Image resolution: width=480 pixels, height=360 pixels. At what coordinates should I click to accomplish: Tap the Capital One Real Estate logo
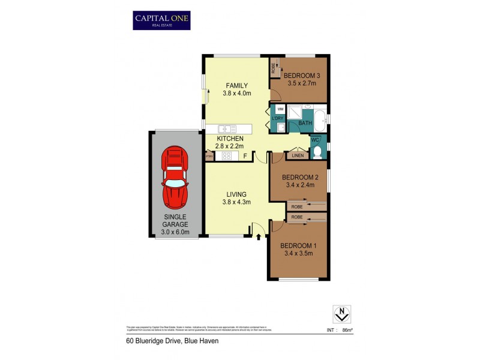point(161,20)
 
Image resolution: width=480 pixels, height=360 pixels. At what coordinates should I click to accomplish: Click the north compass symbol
point(341,313)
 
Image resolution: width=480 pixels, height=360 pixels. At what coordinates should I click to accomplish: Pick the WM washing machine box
point(280,109)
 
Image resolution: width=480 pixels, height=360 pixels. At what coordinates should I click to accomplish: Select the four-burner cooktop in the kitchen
point(227,156)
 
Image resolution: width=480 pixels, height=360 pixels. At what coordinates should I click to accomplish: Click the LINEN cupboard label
point(298,156)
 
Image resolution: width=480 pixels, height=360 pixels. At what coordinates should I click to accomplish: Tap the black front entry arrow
point(258,237)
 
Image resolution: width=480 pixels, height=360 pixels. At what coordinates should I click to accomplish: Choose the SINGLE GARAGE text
point(175,220)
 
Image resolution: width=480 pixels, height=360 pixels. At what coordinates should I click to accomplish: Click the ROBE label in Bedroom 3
point(273,67)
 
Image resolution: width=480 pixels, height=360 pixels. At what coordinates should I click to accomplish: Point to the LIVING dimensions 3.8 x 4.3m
point(238,202)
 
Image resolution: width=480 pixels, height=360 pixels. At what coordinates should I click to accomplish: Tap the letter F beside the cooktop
point(245,157)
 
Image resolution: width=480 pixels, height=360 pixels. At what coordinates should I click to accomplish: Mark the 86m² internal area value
point(346,330)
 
